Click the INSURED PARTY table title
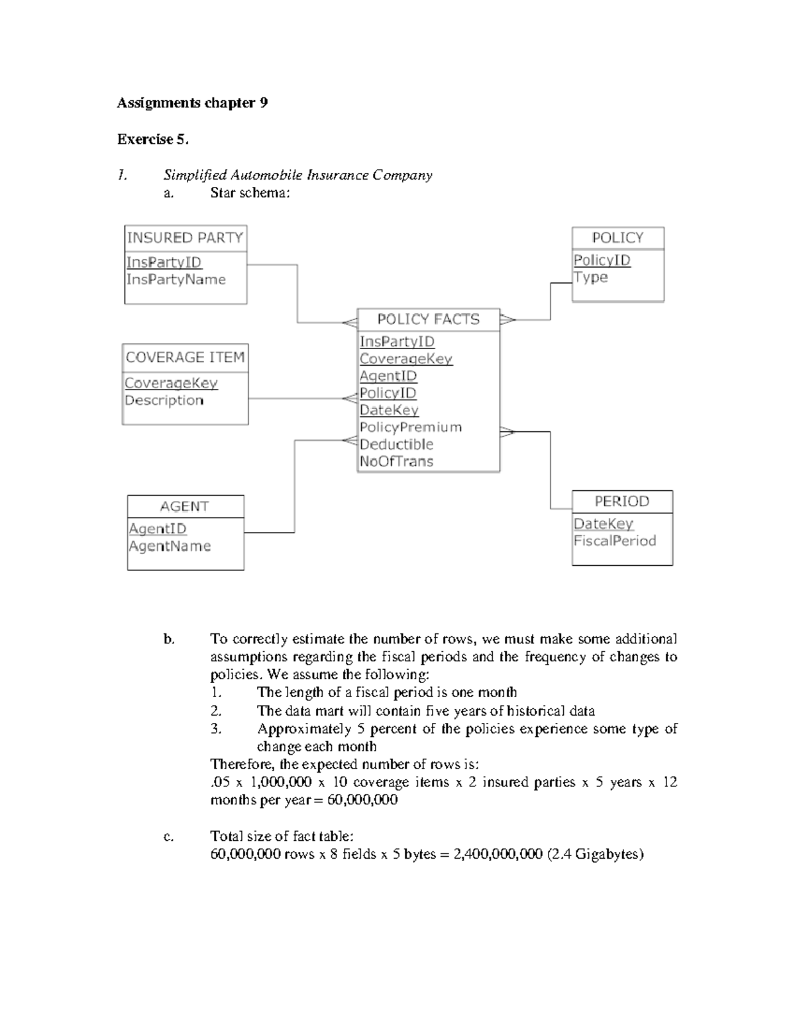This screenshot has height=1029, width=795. (x=185, y=238)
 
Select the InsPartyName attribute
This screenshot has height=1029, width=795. (x=176, y=280)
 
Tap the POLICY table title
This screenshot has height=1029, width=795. (x=617, y=238)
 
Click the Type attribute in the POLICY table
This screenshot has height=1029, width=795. (x=590, y=277)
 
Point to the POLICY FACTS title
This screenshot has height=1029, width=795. (x=428, y=319)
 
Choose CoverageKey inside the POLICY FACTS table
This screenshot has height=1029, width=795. (x=405, y=358)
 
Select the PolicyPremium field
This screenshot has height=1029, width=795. (x=410, y=427)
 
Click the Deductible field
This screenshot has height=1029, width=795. (x=396, y=445)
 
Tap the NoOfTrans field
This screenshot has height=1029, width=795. (x=396, y=462)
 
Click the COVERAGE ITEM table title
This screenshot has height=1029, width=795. (x=185, y=358)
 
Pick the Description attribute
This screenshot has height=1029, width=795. (x=164, y=400)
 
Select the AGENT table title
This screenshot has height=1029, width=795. (x=184, y=507)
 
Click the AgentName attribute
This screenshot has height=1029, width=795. (x=170, y=546)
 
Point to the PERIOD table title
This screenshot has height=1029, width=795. (x=621, y=502)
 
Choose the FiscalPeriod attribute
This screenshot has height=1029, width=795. (x=614, y=541)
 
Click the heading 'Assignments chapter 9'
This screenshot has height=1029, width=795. (x=192, y=103)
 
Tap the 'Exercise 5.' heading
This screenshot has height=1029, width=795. (x=152, y=139)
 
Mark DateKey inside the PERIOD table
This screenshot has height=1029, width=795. (x=603, y=523)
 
